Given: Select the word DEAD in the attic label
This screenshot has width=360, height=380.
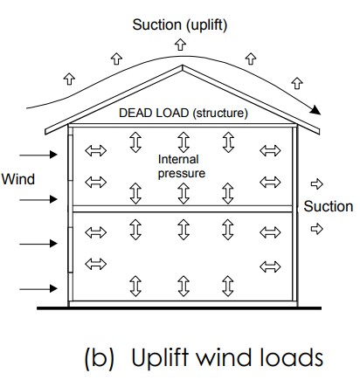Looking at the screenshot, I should (x=138, y=113).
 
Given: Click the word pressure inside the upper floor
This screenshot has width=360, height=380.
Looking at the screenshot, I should (x=182, y=173).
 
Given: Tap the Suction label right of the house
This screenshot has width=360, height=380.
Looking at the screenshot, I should (x=329, y=206).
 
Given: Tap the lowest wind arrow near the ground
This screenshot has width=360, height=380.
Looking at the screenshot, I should (x=38, y=287).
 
